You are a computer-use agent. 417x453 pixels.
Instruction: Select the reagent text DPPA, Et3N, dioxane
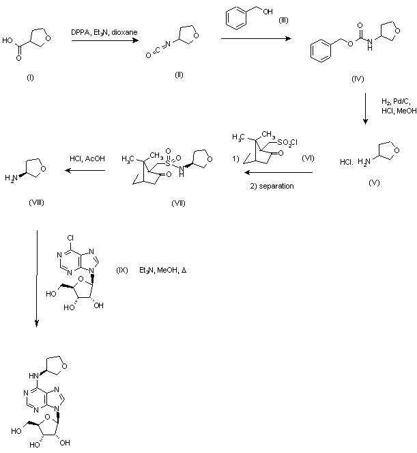click(x=103, y=32)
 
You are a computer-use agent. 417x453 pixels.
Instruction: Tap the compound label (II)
click(x=179, y=74)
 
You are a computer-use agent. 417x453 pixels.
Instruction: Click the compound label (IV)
click(x=356, y=79)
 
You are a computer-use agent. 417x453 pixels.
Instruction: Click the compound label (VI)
click(x=307, y=158)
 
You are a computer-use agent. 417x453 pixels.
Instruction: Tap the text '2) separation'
click(x=270, y=186)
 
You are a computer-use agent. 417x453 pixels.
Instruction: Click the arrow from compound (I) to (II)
click(x=103, y=41)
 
